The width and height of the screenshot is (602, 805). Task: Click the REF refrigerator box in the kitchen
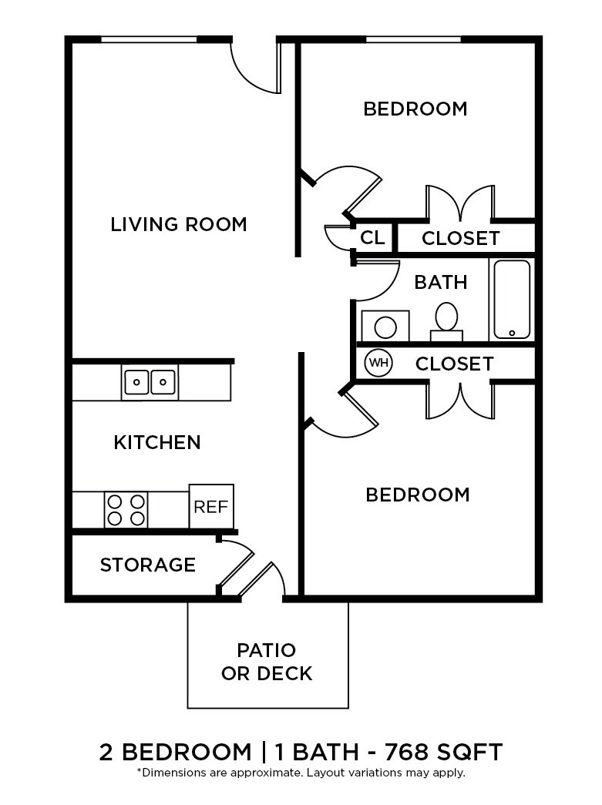point(211,507)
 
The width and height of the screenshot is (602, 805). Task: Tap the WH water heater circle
point(378,363)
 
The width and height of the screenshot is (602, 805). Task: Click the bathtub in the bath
point(512,299)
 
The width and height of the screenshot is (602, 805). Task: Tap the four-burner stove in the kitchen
point(126,509)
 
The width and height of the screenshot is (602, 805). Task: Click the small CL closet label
point(372,238)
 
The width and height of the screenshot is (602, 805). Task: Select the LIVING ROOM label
point(179,224)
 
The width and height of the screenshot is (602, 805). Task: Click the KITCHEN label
point(157,442)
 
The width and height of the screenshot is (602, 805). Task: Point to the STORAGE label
point(148,565)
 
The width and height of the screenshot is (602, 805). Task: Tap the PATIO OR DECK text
point(267,662)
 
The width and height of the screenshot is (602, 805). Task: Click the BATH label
point(441,282)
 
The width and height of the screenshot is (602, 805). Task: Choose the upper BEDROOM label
point(415,109)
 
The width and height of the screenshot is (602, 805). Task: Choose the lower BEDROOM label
point(418,494)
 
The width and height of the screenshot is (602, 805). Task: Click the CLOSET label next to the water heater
point(455,363)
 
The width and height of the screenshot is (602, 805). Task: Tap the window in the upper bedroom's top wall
point(413,39)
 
